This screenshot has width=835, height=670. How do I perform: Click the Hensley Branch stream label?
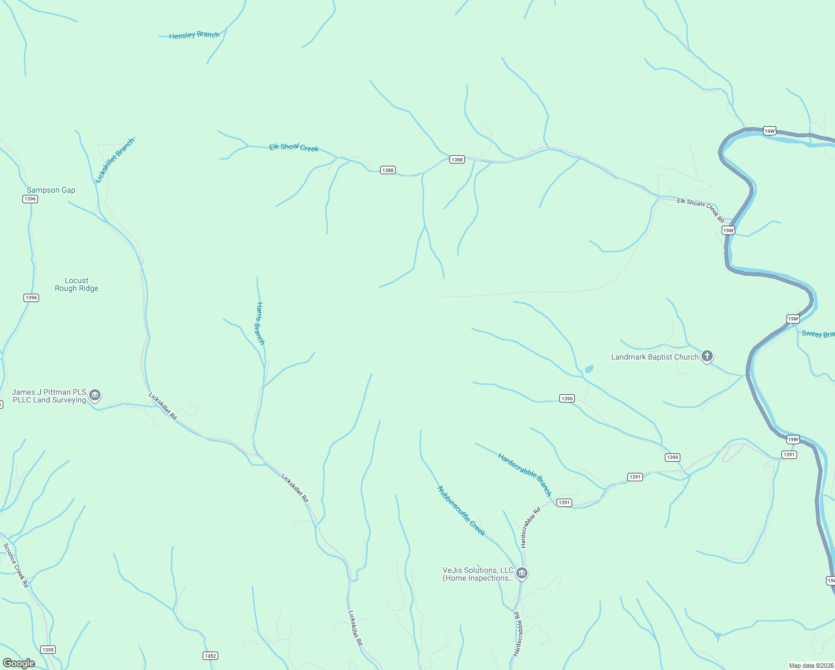pos(194,35)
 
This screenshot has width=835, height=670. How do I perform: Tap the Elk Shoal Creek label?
pos(294,147)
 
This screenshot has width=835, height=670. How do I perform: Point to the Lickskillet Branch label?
pos(116,161)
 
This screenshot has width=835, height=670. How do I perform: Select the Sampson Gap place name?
pos(51,190)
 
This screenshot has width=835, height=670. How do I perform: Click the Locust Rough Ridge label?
pos(76,285)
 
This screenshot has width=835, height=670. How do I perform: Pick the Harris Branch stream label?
pos(260,323)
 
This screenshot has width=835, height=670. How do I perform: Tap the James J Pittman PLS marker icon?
pos(95,395)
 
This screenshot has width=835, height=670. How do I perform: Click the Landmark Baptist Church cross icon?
pos(707,356)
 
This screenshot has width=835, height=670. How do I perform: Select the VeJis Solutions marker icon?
pos(522,573)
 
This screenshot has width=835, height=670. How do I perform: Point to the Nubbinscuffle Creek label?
pos(461,511)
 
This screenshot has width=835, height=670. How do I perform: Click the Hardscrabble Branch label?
pos(525,475)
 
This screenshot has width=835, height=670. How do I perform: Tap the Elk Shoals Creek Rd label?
pos(700,209)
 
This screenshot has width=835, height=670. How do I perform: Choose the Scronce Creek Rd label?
pos(16,565)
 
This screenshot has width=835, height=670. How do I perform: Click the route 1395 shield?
pos(48,650)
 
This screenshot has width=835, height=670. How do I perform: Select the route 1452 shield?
pos(210,656)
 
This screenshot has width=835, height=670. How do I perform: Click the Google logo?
pos(18,663)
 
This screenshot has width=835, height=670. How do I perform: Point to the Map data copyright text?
pos(811,666)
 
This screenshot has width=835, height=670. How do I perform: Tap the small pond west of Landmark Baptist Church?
pos(588,369)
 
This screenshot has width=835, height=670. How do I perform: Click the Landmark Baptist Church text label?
pos(655,357)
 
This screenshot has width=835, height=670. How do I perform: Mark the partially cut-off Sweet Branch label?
pos(818,334)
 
